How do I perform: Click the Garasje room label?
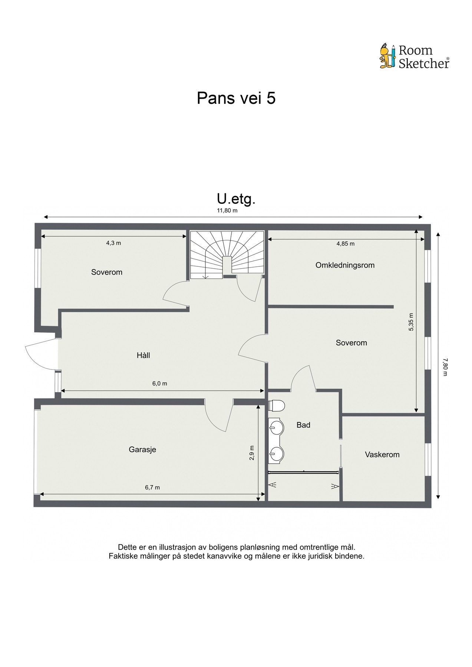point(142,449)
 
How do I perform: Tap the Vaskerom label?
point(382,455)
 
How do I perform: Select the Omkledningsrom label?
point(345,265)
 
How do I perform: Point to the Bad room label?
point(303,425)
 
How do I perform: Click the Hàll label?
point(143,355)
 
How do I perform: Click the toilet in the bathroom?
point(276,406)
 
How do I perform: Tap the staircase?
point(227,254)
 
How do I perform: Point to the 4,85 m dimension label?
point(345,244)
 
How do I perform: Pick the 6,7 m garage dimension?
point(152,488)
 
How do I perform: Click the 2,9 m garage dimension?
point(252,452)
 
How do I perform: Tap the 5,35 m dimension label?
point(411,322)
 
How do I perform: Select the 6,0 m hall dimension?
point(160,384)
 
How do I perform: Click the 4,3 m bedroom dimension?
point(114,243)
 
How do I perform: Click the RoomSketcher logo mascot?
point(388,56)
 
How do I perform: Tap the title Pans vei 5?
point(236,98)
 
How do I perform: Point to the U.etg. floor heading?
point(236,199)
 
